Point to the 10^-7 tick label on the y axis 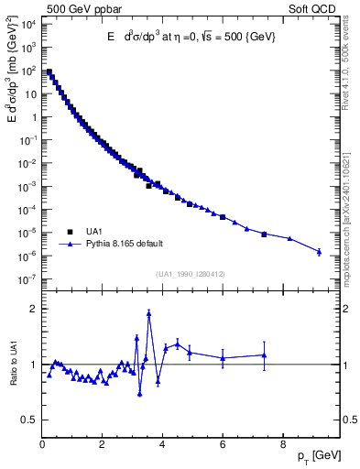point(28,279)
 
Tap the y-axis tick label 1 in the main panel point(33,116)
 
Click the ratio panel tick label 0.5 point(28,420)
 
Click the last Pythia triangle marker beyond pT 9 point(319,252)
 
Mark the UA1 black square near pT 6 point(223,243)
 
